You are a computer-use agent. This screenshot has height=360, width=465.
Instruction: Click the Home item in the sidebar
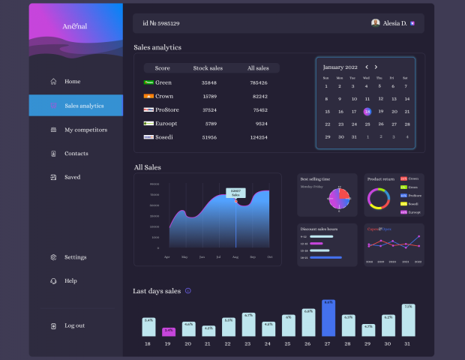click(x=72, y=82)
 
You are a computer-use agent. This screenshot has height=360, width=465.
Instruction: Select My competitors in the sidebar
click(x=85, y=130)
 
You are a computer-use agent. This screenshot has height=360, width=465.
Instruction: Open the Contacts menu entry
click(x=76, y=154)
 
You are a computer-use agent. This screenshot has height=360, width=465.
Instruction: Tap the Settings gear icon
click(x=53, y=257)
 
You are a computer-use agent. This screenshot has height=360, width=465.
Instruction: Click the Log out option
click(x=74, y=325)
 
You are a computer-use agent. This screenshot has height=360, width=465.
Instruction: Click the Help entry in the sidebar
click(x=70, y=281)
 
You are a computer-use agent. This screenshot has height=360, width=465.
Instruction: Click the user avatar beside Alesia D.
click(x=375, y=23)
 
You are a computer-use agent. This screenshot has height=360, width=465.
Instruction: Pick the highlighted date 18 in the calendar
click(x=367, y=111)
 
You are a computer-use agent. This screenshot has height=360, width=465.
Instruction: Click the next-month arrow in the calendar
click(x=376, y=67)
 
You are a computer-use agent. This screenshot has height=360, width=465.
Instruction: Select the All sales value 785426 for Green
click(x=259, y=82)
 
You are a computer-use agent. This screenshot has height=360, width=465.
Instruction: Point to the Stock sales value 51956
click(x=209, y=137)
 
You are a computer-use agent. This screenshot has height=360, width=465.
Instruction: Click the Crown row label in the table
click(x=163, y=96)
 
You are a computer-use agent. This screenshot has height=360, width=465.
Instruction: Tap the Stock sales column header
click(x=208, y=68)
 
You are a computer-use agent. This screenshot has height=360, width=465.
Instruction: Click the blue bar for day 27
click(x=328, y=319)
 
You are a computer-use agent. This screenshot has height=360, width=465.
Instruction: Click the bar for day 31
click(x=408, y=320)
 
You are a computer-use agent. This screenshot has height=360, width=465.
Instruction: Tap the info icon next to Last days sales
click(x=188, y=291)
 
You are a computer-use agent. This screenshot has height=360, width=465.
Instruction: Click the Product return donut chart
click(x=379, y=198)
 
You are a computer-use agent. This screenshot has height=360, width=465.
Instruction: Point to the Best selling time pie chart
click(x=339, y=199)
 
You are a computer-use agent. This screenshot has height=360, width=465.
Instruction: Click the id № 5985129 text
click(x=160, y=23)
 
